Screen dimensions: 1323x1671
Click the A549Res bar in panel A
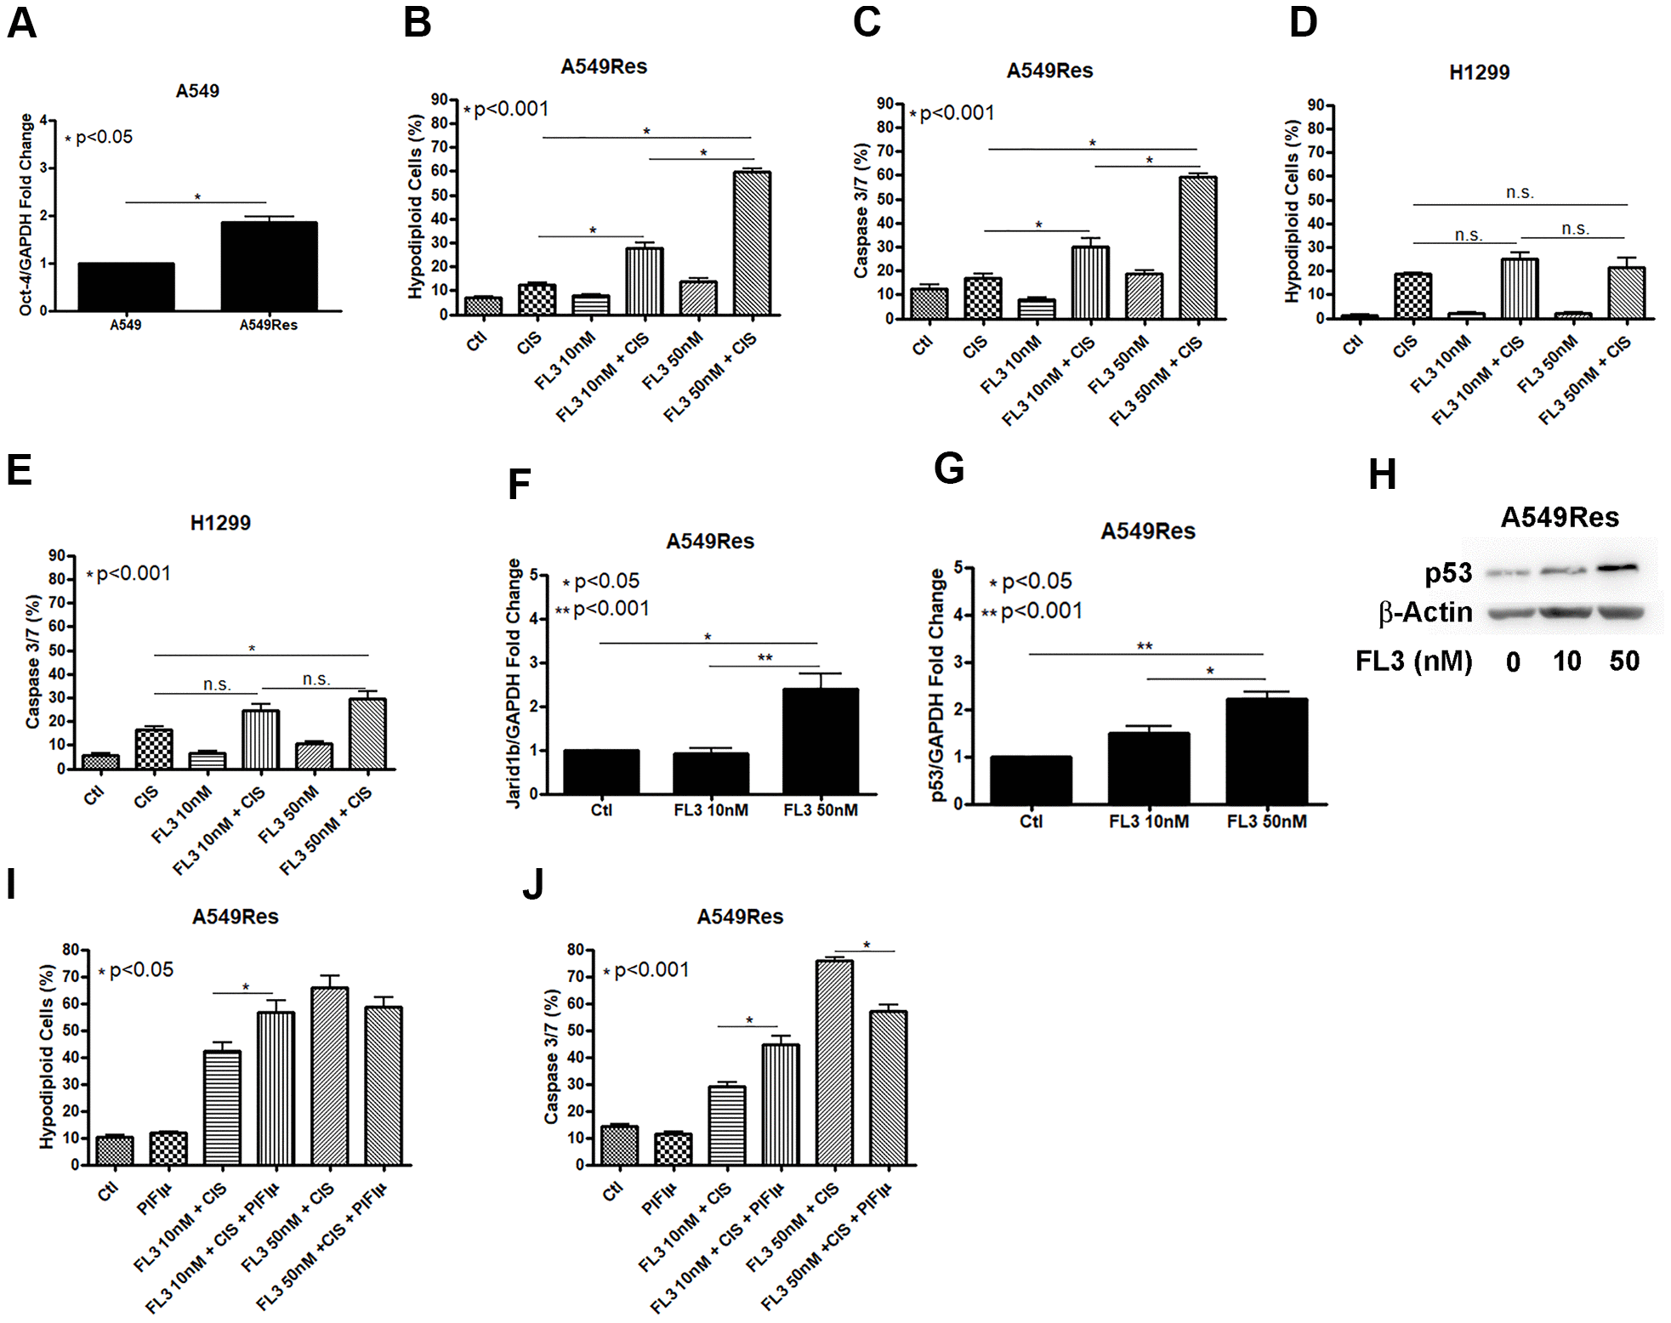click(269, 266)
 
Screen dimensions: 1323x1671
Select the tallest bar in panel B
click(752, 243)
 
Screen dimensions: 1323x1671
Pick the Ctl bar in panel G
click(1031, 780)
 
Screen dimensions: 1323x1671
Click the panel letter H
click(1383, 474)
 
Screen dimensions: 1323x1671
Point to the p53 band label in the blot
click(1448, 574)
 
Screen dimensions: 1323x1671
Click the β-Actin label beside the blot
click(1425, 612)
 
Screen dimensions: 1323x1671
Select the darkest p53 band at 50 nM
click(1617, 568)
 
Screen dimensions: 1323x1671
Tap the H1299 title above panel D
click(1479, 72)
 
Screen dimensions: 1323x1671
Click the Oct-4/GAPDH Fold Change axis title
click(26, 214)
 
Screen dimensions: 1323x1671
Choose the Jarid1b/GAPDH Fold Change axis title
click(514, 683)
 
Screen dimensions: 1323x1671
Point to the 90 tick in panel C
click(885, 104)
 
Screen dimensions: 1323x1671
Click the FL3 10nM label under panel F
click(711, 810)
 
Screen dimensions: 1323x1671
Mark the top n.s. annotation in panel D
click(1520, 193)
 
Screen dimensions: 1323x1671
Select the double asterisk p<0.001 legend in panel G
click(1032, 611)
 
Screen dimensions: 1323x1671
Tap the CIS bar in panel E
click(154, 749)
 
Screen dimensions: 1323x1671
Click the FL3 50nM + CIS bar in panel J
click(834, 1062)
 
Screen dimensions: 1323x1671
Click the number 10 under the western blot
click(1566, 661)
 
